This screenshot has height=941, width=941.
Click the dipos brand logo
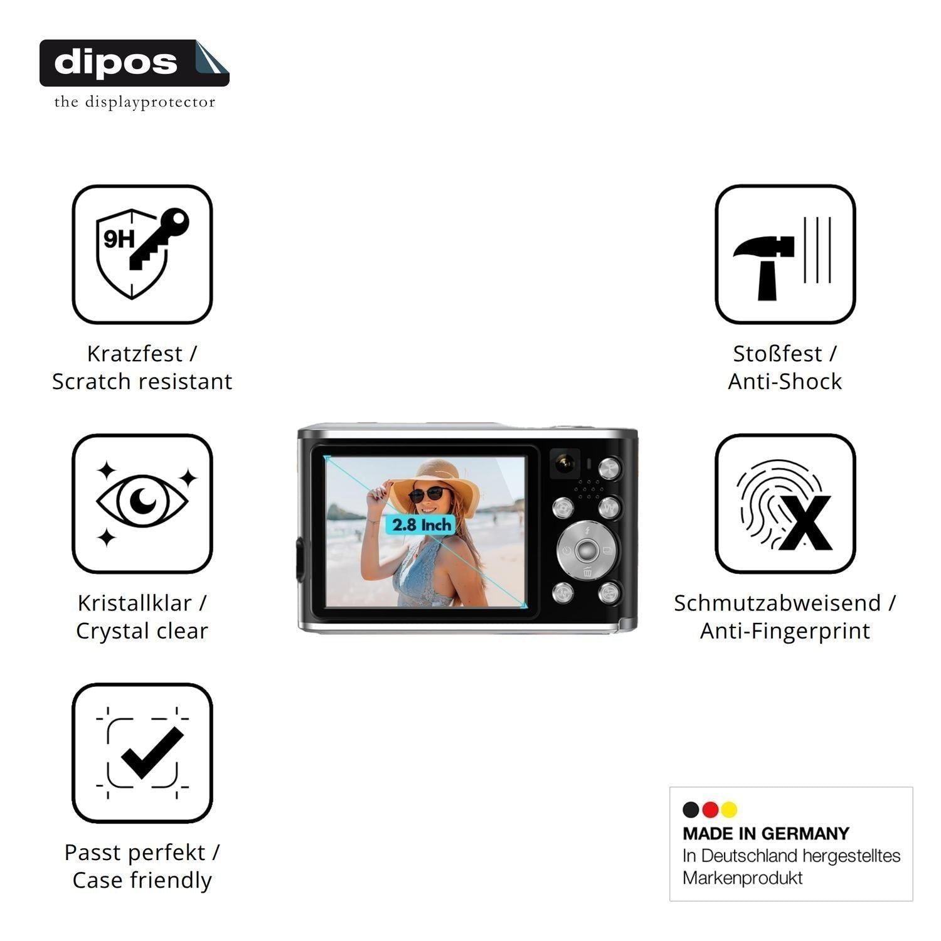(134, 63)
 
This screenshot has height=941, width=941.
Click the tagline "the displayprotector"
(134, 102)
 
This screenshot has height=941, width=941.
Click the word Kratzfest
(134, 353)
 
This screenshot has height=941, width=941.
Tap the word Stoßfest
(777, 353)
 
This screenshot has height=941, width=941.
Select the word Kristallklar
(134, 603)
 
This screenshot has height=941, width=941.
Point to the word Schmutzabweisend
(778, 603)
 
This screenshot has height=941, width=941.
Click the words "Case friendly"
(142, 880)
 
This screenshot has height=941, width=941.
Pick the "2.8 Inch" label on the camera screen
(422, 524)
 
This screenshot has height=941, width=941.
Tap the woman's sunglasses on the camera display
(430, 494)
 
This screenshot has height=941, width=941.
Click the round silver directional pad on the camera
(586, 551)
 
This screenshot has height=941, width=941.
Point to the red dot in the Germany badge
(710, 810)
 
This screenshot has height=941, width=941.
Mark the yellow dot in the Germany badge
(729, 810)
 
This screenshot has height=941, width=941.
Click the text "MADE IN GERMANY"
(766, 834)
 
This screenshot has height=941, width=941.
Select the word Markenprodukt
(743, 878)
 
